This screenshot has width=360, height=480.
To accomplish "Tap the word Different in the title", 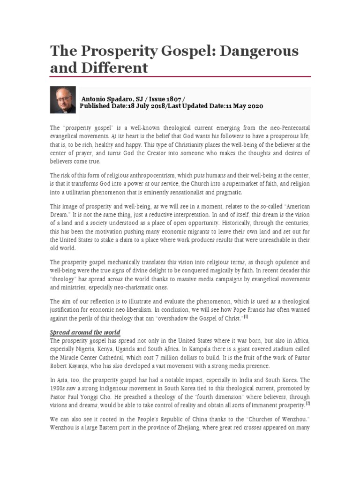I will pos(114,68).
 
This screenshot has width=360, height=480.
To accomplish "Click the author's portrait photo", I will pos(62,100).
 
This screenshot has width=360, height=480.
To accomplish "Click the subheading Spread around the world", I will pos(85,332).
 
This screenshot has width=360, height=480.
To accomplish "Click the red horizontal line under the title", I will pos(180,77).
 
